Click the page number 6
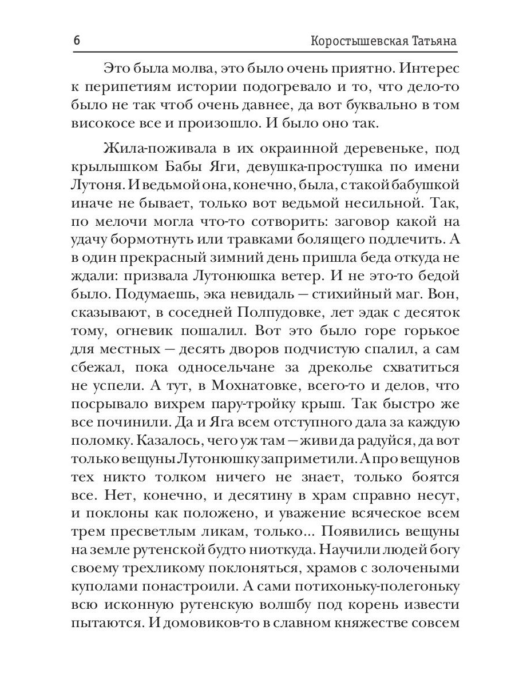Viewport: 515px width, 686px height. (77, 42)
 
